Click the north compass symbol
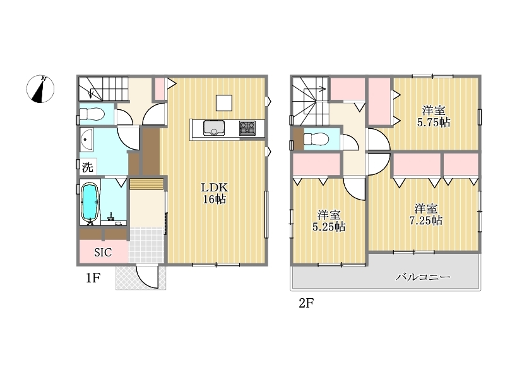(x=40, y=89)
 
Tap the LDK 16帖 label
(x=215, y=193)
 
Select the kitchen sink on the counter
(x=214, y=128)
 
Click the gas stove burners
(x=247, y=128)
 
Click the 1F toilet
(x=92, y=114)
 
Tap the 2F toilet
(x=316, y=139)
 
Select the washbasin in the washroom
(x=86, y=140)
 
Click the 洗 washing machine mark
(x=87, y=167)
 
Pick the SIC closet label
(x=103, y=252)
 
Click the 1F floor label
(x=93, y=277)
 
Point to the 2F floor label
(x=306, y=303)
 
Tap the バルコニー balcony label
(x=423, y=277)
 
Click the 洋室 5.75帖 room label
(x=434, y=116)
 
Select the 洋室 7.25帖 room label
(x=425, y=214)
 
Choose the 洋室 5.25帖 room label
(x=329, y=220)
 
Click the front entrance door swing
(x=147, y=277)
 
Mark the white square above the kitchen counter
(x=224, y=103)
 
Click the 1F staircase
(x=104, y=88)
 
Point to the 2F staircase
(x=310, y=101)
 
